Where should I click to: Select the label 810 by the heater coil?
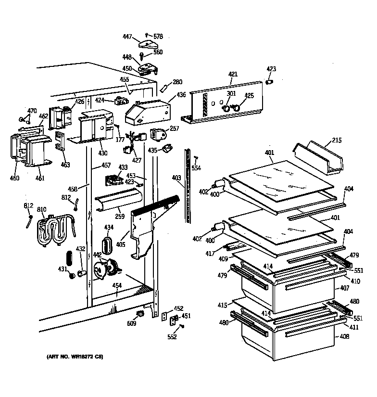click(42, 210)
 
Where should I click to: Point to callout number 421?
click(233, 74)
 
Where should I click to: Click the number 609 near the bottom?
click(131, 323)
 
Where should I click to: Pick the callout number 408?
click(345, 337)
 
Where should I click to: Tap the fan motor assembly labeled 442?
click(108, 268)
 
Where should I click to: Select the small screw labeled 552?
click(182, 327)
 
